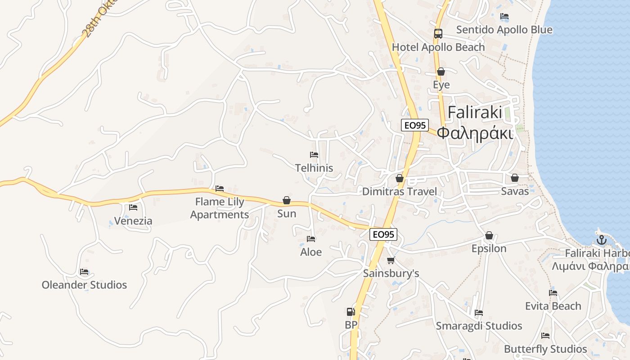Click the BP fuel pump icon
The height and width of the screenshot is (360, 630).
(x=351, y=311)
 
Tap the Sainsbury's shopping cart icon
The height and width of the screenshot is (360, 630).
(x=391, y=260)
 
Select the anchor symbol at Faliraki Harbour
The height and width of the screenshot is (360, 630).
(x=602, y=240)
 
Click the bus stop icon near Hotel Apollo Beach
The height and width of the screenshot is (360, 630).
(x=438, y=33)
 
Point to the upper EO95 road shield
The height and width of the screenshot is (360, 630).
(x=415, y=125)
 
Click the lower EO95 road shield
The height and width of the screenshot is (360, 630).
(x=383, y=234)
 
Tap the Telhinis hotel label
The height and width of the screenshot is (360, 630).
(x=314, y=168)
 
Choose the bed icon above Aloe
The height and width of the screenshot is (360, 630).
(x=311, y=238)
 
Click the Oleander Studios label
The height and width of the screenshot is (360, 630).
(x=84, y=285)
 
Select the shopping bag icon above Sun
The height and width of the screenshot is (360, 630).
(x=287, y=200)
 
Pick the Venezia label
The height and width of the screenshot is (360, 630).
(x=133, y=221)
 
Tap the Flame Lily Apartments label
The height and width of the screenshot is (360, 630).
(x=220, y=208)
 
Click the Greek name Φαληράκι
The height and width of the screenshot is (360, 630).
(x=475, y=134)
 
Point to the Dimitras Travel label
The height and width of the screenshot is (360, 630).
(x=400, y=192)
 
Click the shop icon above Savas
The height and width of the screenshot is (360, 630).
(x=515, y=178)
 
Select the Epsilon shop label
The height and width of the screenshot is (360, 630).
(x=489, y=248)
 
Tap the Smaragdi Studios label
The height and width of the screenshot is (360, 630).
(x=479, y=326)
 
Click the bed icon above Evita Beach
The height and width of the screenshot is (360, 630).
(x=553, y=292)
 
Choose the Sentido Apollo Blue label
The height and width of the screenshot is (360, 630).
(x=504, y=30)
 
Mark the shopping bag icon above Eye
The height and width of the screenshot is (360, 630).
(x=441, y=72)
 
